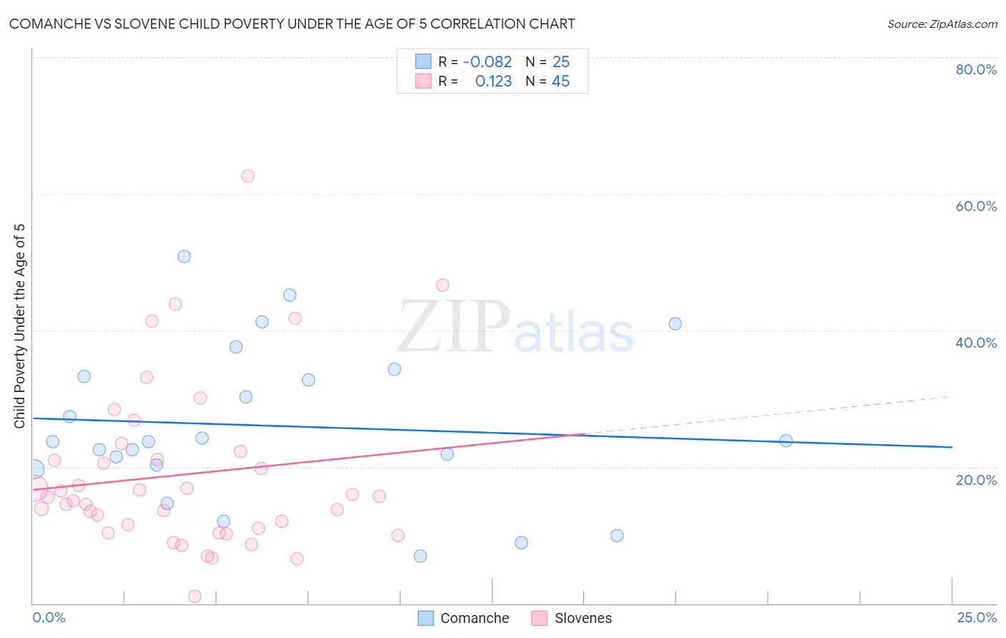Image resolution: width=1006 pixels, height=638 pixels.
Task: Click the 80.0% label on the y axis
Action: coord(976,69)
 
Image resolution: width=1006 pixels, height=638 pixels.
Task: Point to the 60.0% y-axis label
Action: coord(976,206)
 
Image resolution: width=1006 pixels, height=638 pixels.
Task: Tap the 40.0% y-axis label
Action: coord(976,343)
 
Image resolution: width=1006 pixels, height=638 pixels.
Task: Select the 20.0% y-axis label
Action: coord(976,480)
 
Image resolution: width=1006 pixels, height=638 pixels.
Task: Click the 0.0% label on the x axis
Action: coord(49,617)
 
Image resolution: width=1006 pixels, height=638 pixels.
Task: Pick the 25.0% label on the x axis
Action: coord(977,617)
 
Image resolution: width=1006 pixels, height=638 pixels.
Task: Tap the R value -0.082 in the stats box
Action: coord(487,62)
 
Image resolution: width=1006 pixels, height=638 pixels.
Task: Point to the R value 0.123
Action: coord(493,82)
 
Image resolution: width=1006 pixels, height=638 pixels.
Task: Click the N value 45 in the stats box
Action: coord(560,82)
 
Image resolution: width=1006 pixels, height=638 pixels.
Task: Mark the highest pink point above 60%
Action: coord(248,176)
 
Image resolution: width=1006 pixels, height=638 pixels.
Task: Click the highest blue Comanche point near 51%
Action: coord(184,257)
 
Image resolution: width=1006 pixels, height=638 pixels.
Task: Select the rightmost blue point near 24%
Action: coord(786,441)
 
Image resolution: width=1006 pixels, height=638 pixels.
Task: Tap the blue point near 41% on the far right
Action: coord(675,324)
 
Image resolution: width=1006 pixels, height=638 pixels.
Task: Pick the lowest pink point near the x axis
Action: coord(195,597)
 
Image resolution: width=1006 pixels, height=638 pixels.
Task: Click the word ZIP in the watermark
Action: coord(454,327)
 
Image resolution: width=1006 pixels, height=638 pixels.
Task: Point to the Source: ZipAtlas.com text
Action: coord(942,24)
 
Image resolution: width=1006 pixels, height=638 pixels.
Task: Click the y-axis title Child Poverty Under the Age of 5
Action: coord(20,326)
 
